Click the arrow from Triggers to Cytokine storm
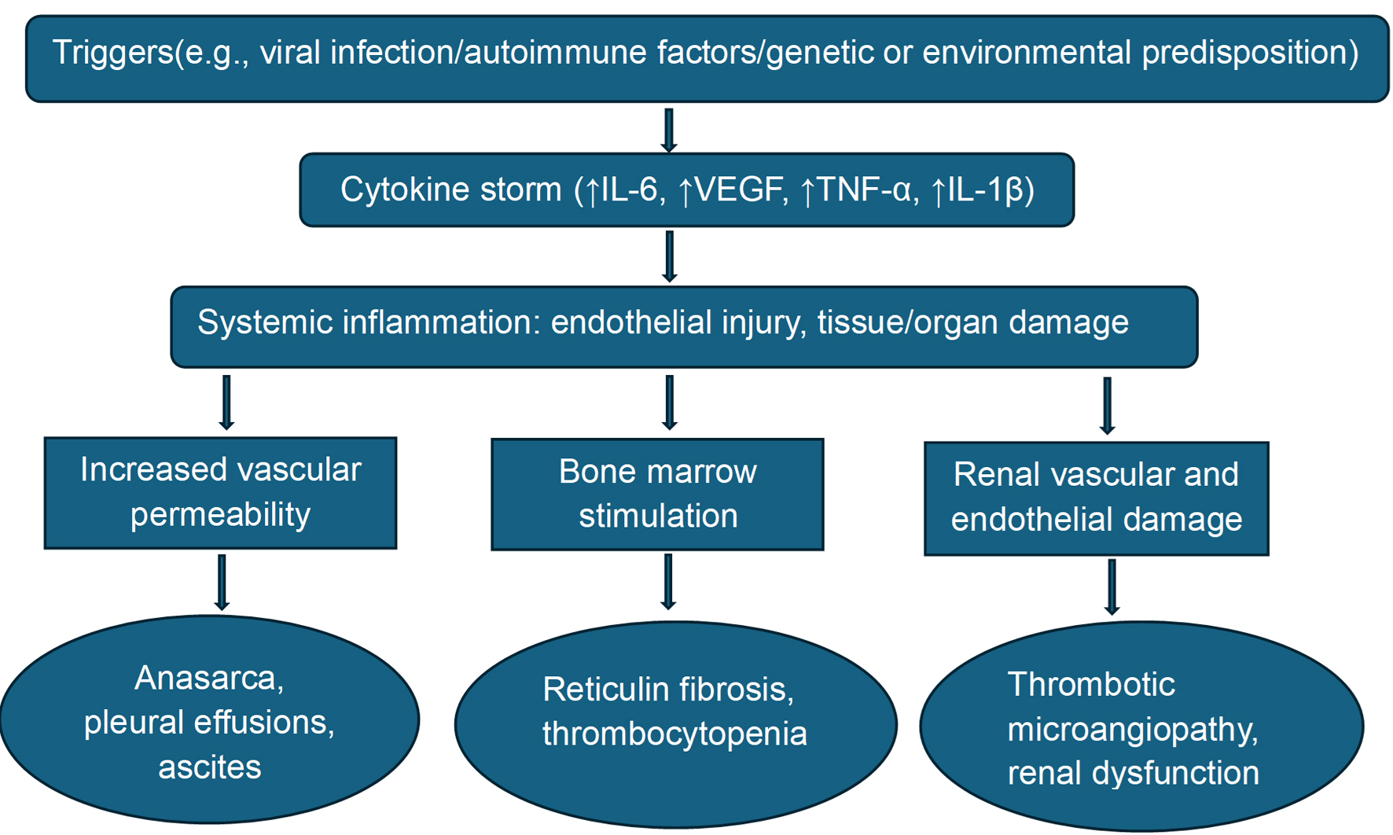coord(669,131)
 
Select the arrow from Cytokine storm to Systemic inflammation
coord(669,256)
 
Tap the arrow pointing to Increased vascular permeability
coord(226,403)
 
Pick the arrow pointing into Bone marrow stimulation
coord(669,403)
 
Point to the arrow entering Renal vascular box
coord(1107,406)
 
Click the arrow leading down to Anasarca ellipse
coord(222,583)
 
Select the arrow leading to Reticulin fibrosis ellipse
coord(668,582)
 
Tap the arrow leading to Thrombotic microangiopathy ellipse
coord(1112,587)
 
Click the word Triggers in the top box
coord(112,53)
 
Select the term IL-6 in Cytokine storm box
coord(629,190)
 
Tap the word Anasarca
coord(209,678)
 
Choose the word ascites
coord(209,767)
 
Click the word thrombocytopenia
coord(674,734)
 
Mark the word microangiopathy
coord(1133,729)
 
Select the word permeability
coord(220,514)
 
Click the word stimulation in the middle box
coord(658,516)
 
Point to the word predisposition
coord(1250,53)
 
